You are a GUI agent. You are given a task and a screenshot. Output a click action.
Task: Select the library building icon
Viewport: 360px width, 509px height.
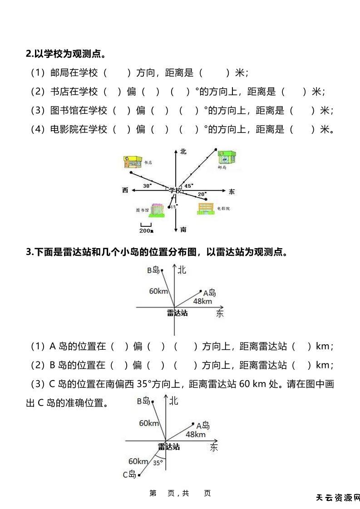click(x=157, y=209)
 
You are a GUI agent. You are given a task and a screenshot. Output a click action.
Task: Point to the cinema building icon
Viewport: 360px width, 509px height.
click(x=206, y=208)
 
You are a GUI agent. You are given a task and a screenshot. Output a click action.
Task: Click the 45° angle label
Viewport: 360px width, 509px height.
click(x=188, y=185)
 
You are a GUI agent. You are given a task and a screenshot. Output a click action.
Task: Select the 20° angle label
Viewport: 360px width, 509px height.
click(x=202, y=194)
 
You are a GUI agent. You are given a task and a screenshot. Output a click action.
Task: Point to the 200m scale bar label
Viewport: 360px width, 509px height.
click(x=146, y=231)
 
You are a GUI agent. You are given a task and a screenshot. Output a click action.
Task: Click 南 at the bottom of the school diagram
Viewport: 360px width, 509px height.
click(x=183, y=230)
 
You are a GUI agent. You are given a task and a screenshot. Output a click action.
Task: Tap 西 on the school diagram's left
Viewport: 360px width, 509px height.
click(x=125, y=190)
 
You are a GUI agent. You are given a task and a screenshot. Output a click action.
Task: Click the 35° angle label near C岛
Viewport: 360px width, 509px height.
click(x=158, y=463)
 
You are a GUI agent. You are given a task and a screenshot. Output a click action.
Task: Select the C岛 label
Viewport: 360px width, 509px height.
click(x=129, y=475)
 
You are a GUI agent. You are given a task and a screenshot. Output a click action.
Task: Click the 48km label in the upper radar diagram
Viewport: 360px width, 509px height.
click(x=202, y=301)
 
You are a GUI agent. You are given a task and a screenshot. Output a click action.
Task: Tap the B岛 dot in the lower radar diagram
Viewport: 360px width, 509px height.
click(x=153, y=401)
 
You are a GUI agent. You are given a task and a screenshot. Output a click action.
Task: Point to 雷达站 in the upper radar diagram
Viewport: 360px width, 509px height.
click(x=177, y=313)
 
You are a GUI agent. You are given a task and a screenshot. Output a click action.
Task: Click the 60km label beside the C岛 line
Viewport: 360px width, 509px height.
click(x=138, y=461)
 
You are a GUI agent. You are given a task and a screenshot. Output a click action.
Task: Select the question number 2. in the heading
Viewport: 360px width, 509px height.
click(x=30, y=54)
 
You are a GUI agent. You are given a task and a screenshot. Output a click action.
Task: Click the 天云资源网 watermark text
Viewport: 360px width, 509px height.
click(x=337, y=498)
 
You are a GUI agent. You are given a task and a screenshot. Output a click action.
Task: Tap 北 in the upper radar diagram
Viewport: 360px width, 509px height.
click(x=182, y=270)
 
